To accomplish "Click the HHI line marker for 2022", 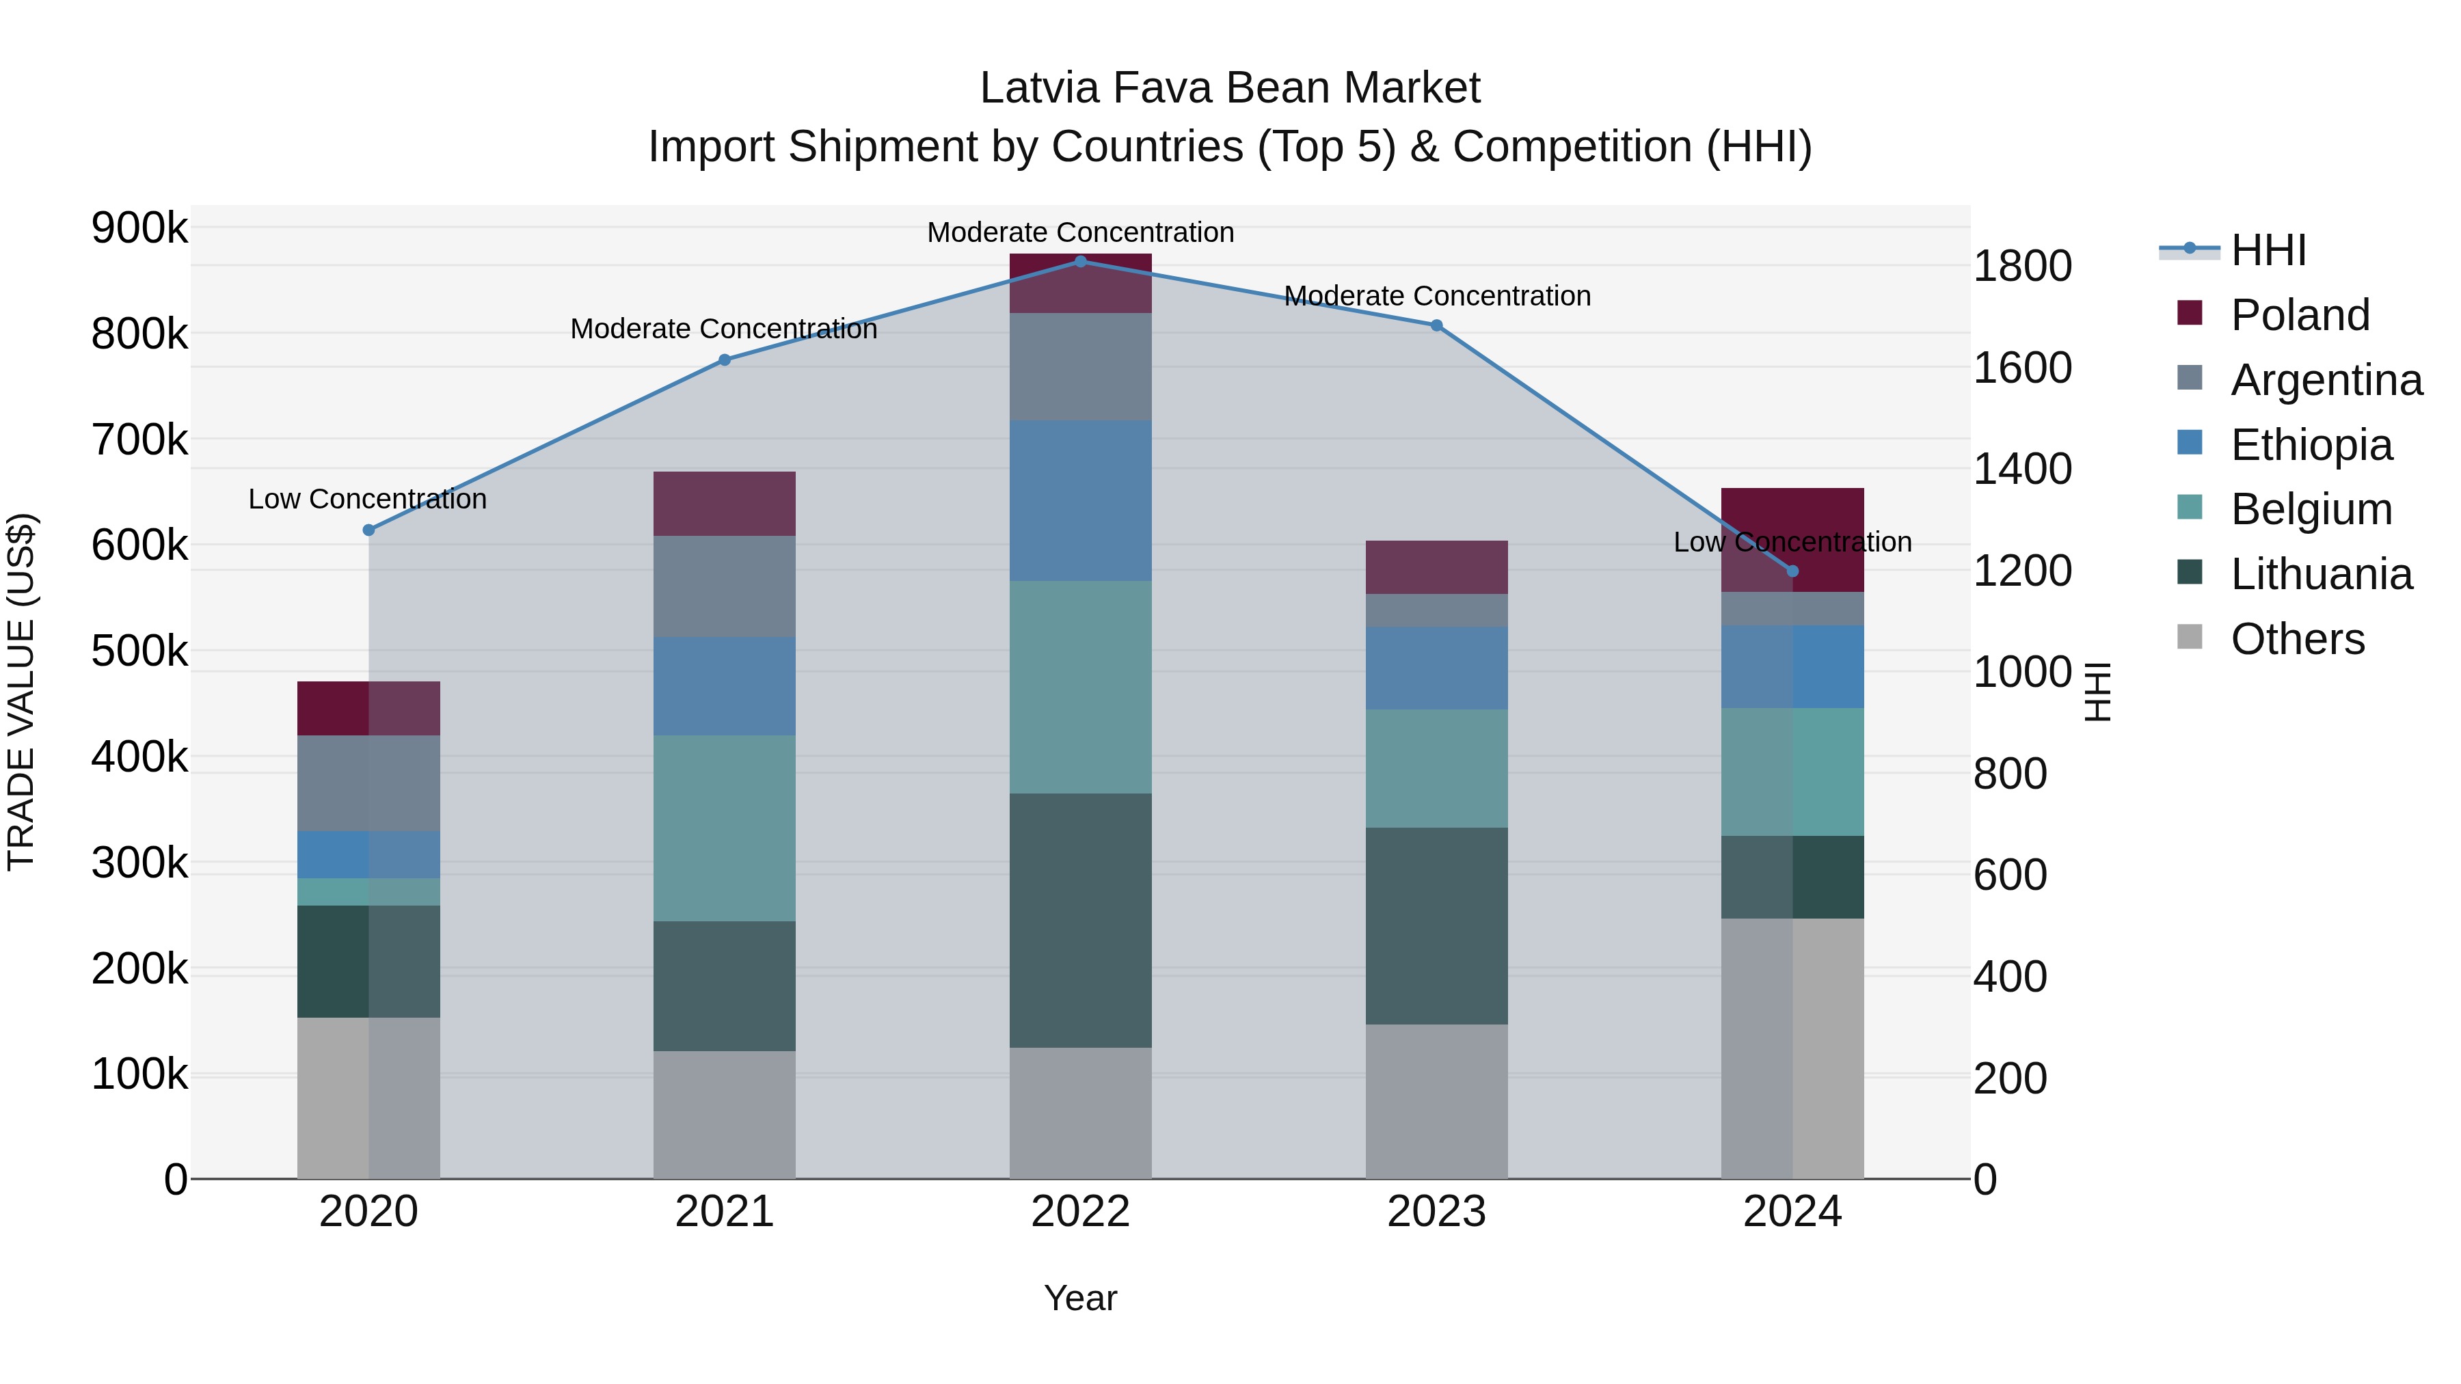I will click(x=1081, y=261).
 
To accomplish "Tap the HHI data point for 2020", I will click(x=368, y=530).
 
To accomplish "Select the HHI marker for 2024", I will click(x=1792, y=571).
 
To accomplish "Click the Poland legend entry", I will click(x=2300, y=315).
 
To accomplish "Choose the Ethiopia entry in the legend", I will click(x=2311, y=445).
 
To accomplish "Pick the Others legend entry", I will click(x=2297, y=639).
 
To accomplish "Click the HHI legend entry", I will click(x=2268, y=250).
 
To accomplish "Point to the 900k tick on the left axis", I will click(x=139, y=228).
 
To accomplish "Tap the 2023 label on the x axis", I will click(x=1436, y=1211).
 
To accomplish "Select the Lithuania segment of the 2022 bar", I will click(x=1081, y=920).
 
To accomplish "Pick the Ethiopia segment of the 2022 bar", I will click(x=1081, y=500).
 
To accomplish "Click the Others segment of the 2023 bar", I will click(x=1436, y=1100).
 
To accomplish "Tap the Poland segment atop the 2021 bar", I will click(x=724, y=503).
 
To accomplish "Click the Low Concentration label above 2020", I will click(x=368, y=499).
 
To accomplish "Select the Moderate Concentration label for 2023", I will click(x=1437, y=296).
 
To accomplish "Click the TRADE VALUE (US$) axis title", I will click(x=21, y=692).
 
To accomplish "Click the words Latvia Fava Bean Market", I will click(x=1230, y=88).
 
